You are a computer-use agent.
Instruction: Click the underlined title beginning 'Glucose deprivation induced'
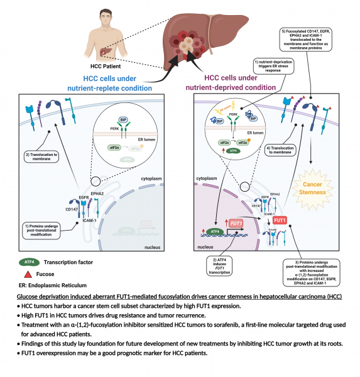[x=178, y=296]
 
